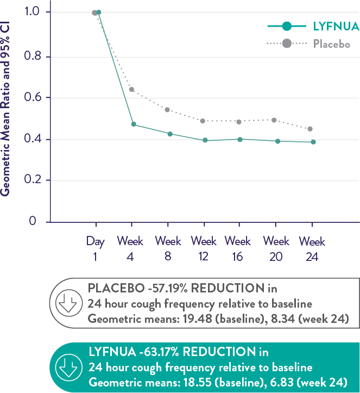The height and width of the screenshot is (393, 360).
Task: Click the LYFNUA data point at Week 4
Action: click(134, 124)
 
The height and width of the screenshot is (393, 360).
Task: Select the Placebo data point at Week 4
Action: click(131, 89)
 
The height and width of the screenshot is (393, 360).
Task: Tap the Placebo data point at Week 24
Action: click(310, 129)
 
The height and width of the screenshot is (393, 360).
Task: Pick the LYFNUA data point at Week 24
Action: click(313, 142)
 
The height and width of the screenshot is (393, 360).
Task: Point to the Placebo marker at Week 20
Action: click(274, 120)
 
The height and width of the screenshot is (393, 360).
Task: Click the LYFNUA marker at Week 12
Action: click(205, 140)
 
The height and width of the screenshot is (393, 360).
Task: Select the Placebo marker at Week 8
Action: click(167, 110)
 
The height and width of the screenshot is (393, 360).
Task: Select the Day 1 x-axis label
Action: click(95, 248)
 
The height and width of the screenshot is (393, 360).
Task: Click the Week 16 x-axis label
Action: click(238, 248)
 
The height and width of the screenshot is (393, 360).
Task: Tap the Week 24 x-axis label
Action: click(312, 248)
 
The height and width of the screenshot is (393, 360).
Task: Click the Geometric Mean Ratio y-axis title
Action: click(7, 109)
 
